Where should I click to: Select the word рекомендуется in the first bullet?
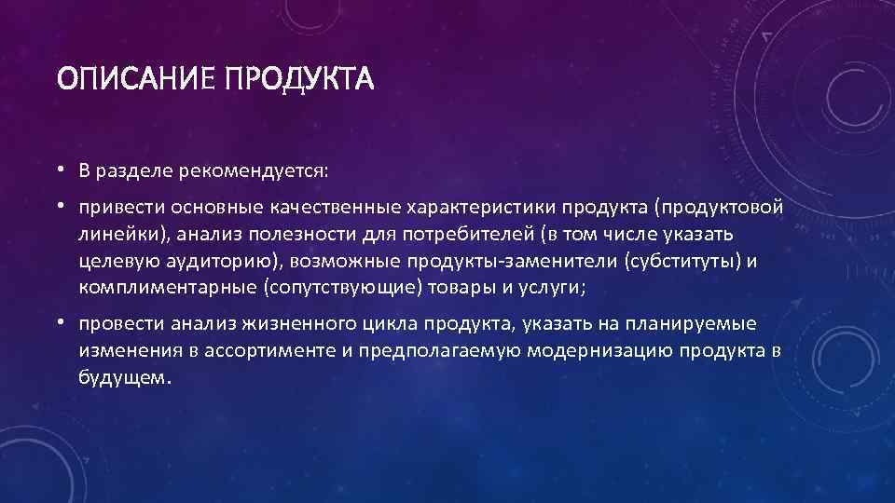tap(242, 172)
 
